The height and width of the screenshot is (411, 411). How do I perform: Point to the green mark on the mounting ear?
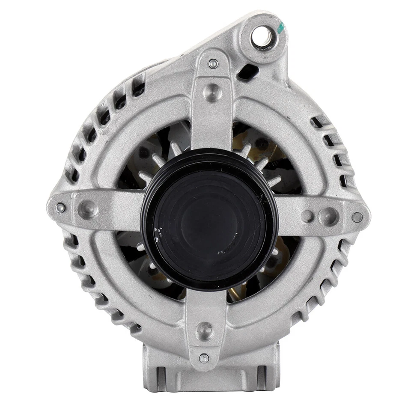tap(280, 28)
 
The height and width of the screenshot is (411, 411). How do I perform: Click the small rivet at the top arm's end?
tap(213, 64)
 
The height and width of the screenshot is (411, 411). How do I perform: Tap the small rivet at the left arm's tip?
tap(60, 208)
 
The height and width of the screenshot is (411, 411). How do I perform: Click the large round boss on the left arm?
tap(88, 209)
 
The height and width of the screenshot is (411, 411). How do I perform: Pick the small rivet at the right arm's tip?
tap(357, 217)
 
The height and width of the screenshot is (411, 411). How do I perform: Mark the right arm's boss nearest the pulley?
tap(307, 216)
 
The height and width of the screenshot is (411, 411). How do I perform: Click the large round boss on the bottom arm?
tap(204, 331)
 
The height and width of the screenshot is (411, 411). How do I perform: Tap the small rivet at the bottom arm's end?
tap(204, 358)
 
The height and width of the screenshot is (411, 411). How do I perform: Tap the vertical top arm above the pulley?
tap(212, 111)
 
